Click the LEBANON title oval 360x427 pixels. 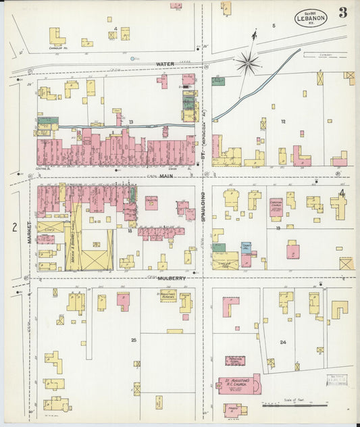tap(310, 18)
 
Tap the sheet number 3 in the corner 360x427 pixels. tap(344, 12)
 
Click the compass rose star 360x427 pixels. tap(248, 63)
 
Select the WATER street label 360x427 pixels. tap(165, 64)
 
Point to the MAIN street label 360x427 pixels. tap(166, 176)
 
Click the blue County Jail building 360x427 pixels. tap(247, 248)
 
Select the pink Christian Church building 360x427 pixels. tap(276, 207)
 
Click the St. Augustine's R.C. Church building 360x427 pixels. tap(238, 384)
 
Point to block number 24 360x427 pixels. tap(283, 343)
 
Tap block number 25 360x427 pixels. tap(134, 340)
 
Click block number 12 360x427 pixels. tap(284, 122)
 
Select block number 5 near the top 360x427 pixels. tap(274, 26)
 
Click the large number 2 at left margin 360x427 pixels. tap(14, 227)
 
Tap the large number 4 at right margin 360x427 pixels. tap(342, 194)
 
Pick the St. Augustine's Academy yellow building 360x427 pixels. tap(168, 295)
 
